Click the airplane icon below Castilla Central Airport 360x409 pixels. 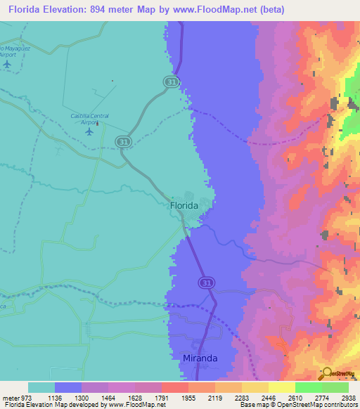89,131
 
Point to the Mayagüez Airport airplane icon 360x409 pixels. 7,64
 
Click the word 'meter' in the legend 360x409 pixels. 9,397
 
